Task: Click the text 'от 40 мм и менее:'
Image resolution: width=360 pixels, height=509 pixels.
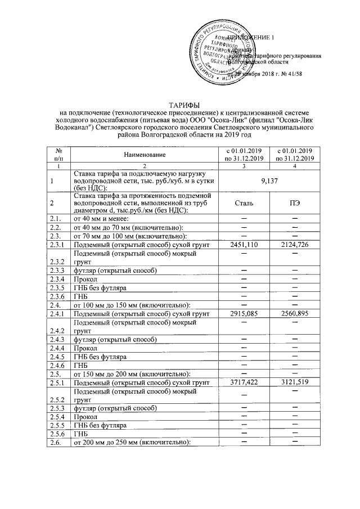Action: click(102, 218)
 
